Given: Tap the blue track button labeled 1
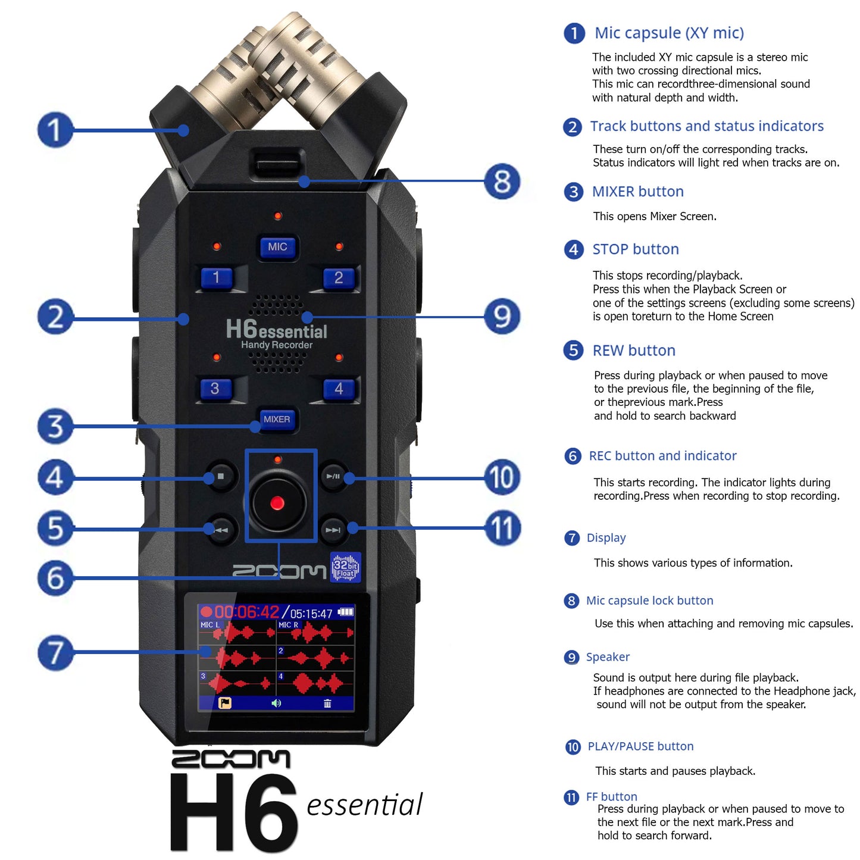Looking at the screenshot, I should [216, 277].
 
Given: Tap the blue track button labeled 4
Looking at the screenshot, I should [339, 389].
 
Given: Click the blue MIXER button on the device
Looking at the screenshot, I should [277, 420].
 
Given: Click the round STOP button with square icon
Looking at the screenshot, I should [221, 476].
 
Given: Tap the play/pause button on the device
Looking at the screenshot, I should [333, 476].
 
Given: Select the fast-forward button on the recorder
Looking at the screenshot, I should [333, 530].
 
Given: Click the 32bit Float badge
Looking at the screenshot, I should [345, 567].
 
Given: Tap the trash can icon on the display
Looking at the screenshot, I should [327, 703].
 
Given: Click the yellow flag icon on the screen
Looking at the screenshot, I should [225, 703].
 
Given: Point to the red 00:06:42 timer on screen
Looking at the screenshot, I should [246, 612].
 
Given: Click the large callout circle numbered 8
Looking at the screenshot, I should [502, 181].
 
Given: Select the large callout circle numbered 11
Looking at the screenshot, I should [502, 528].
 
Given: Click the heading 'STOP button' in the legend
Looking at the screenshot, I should [635, 249].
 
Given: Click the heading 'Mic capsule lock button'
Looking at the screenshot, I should [649, 601].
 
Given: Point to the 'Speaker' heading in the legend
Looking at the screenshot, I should [608, 657].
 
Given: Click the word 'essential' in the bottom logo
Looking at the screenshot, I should [364, 805].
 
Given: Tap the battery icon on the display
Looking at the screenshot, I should [346, 612].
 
